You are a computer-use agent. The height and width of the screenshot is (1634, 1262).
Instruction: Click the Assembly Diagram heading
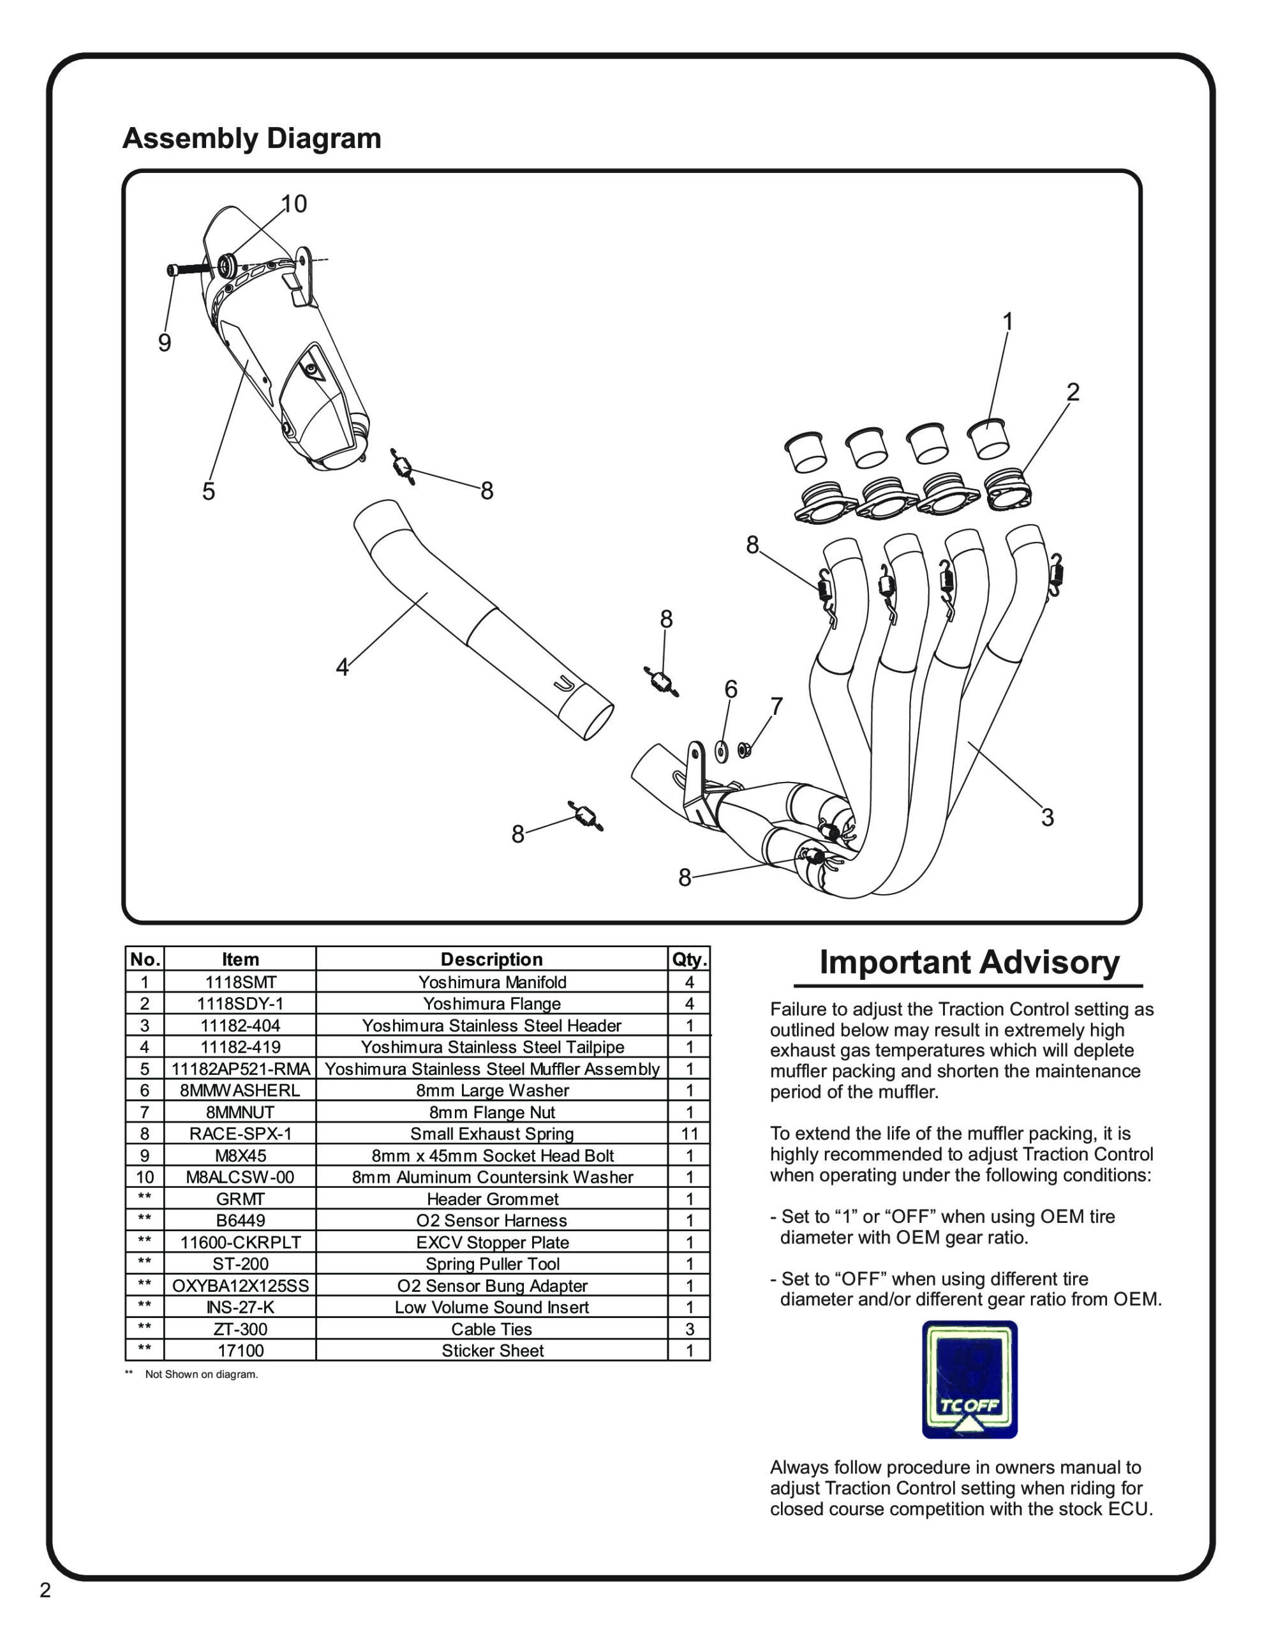pos(251,139)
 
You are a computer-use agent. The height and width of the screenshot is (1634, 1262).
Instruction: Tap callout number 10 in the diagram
pos(294,204)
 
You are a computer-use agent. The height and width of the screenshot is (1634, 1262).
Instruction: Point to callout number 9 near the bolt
pos(165,343)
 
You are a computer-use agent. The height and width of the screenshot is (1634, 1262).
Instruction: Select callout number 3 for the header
pos(1047,817)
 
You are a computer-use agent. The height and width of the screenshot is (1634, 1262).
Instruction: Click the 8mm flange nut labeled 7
pos(745,748)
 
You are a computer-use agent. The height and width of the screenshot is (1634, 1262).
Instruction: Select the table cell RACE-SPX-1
pos(240,1134)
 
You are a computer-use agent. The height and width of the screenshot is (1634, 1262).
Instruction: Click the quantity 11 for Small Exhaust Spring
pos(689,1134)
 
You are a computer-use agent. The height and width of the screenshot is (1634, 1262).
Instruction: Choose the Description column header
pos(491,959)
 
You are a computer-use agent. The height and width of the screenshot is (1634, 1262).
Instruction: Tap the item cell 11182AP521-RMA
pos(240,1068)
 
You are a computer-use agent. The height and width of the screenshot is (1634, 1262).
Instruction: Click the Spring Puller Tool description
pos(493,1264)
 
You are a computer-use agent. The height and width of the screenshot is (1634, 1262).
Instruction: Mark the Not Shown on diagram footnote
pos(200,1374)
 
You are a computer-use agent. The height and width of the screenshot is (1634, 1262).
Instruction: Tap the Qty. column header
pos(689,959)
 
